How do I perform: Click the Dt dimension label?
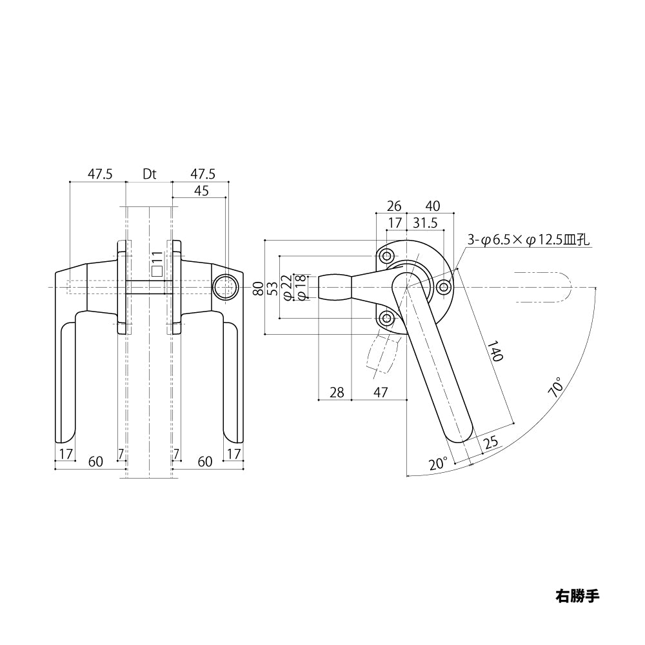[x=150, y=174]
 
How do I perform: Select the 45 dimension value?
[x=201, y=191]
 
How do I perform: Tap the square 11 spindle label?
[x=157, y=264]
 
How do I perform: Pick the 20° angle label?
[x=438, y=464]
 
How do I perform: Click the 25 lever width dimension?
[x=490, y=442]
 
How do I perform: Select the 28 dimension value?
[x=337, y=392]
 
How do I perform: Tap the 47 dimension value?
[x=381, y=392]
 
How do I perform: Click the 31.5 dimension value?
[x=425, y=223]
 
